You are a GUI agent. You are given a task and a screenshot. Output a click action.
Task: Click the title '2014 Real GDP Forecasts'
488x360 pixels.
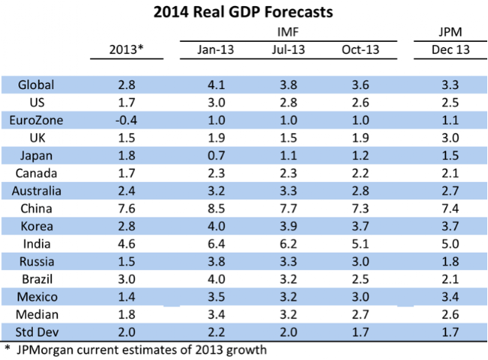[x=243, y=12]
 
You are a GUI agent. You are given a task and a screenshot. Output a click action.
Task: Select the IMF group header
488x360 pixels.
[x=288, y=32]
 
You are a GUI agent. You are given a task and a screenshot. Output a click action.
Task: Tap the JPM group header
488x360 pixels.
[x=451, y=32]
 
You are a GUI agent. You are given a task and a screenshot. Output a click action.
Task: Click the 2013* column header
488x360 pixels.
[x=127, y=49]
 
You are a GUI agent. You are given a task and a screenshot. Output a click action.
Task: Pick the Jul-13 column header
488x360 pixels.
[x=288, y=49]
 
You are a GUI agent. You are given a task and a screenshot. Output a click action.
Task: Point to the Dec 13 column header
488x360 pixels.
[x=451, y=49]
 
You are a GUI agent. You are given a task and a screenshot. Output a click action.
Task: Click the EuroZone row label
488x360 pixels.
[x=36, y=120]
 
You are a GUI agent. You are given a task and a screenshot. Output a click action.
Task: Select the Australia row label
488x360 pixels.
[x=37, y=191]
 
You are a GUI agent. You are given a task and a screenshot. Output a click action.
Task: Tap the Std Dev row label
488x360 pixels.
[x=37, y=332]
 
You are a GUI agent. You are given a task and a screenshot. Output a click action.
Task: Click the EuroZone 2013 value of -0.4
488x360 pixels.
[x=127, y=120]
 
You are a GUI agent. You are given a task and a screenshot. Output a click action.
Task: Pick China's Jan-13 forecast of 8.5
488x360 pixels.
[x=217, y=209]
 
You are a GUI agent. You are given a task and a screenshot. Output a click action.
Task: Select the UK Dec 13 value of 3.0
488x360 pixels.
[x=451, y=138]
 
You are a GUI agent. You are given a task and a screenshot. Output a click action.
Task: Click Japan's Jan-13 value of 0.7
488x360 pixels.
[x=217, y=155]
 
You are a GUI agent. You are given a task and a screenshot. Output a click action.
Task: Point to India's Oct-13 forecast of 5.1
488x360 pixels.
[x=361, y=244]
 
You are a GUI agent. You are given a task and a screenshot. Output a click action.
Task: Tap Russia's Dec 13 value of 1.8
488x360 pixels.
[x=451, y=262]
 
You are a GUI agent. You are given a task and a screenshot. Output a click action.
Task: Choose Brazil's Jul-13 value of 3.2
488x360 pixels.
[x=288, y=279]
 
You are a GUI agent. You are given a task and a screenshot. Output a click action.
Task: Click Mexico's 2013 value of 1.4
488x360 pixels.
[x=127, y=297]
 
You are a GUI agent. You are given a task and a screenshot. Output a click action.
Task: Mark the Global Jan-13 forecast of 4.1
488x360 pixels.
[x=217, y=84]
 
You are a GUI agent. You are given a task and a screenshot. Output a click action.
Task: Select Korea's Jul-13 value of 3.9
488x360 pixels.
[x=288, y=226]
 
